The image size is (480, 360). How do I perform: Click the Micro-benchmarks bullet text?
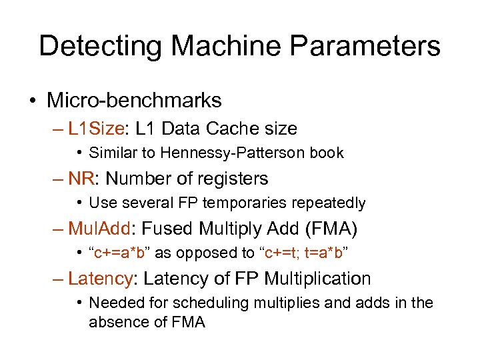click(134, 101)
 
